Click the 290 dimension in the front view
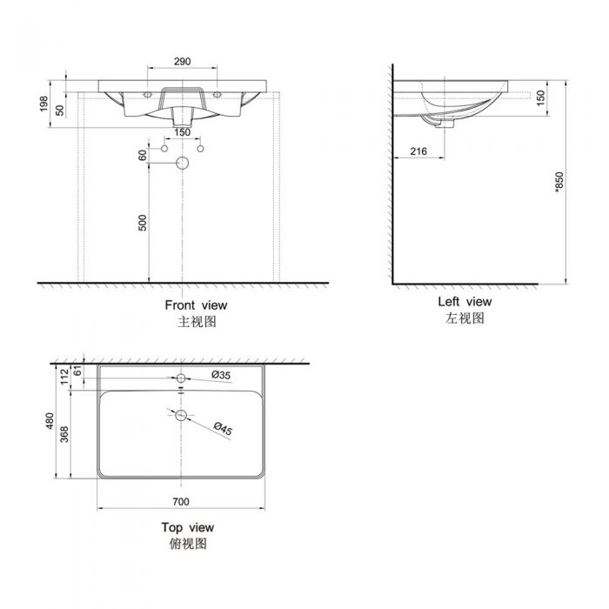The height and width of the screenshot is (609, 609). tap(182, 62)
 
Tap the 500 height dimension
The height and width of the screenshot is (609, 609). tap(144, 222)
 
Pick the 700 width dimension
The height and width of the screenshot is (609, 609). tap(181, 502)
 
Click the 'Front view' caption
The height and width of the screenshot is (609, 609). tap(196, 305)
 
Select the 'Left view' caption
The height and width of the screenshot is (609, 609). tap(465, 302)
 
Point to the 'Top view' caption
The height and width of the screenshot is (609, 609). tap(187, 527)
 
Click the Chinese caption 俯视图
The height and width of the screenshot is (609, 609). tap(187, 544)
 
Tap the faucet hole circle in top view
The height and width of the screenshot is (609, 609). tap(182, 379)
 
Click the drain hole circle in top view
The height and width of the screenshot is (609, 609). tap(182, 415)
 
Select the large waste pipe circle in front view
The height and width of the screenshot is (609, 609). tap(183, 163)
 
